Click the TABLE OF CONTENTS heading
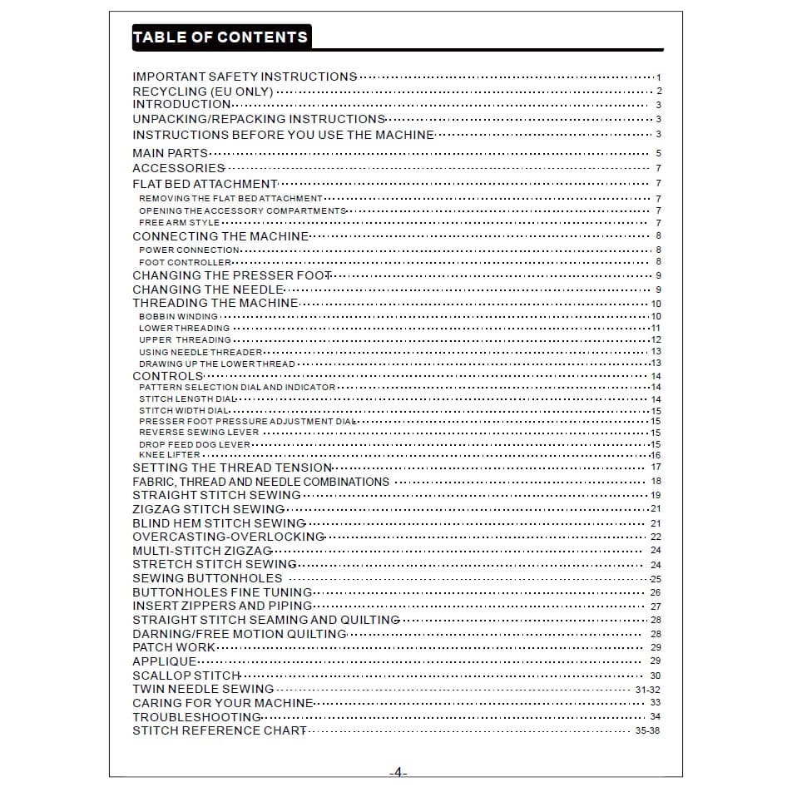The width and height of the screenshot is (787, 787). (220, 37)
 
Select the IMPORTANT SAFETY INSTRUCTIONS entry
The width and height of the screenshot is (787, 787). (245, 77)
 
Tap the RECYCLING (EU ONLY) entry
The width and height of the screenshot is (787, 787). (203, 91)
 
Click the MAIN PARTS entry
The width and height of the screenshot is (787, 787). (170, 153)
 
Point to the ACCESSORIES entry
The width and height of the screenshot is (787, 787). (178, 168)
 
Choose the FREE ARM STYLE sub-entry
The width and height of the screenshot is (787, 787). (180, 223)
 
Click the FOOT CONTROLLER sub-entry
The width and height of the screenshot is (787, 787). (185, 263)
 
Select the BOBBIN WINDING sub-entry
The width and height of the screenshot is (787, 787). (178, 316)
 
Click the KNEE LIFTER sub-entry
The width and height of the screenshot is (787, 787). (170, 456)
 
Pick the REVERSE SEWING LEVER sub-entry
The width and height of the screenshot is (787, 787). (199, 433)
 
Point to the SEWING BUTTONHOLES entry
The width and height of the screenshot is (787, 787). (207, 578)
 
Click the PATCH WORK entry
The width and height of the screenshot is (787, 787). (174, 647)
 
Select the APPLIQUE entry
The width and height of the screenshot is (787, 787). (165, 661)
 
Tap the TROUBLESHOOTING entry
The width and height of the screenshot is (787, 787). (196, 717)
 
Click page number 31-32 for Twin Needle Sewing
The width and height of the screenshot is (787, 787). (647, 690)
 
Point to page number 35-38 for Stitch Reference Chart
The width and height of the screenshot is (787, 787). (647, 731)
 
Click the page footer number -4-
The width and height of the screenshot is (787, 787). (398, 772)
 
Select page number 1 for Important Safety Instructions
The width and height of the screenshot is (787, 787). (658, 77)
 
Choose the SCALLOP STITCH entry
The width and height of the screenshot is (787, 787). (186, 676)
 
